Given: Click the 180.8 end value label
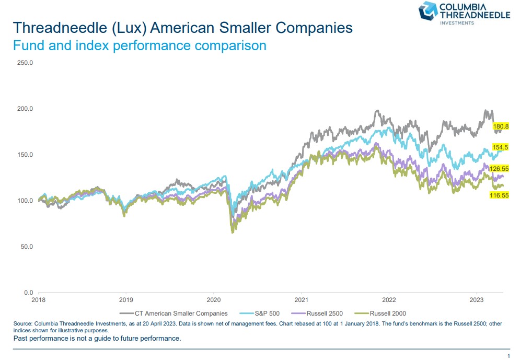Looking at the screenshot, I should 501,126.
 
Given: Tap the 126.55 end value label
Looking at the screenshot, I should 499,169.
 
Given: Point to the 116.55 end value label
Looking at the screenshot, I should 499,195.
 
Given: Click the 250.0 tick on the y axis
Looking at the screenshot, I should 25,63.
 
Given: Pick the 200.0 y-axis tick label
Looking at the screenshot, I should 25,109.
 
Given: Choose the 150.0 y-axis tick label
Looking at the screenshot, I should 25,155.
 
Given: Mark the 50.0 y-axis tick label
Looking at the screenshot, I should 27,246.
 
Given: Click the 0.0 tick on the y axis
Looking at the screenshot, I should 29,292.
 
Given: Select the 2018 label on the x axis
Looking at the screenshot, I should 39,300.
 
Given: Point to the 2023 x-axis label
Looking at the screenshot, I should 476,300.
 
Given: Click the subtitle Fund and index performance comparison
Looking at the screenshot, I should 139,45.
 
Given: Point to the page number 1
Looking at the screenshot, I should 508,356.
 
